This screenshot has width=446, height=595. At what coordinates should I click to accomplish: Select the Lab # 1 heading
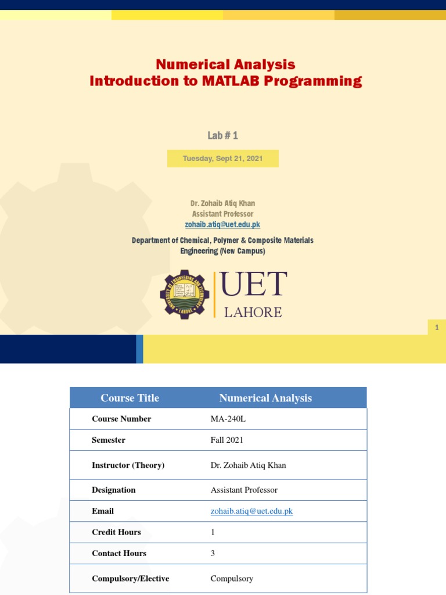223,135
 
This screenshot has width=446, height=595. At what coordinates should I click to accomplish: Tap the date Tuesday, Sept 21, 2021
223,159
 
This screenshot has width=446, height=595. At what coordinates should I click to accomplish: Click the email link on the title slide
223,224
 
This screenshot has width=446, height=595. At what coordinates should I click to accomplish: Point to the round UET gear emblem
185,294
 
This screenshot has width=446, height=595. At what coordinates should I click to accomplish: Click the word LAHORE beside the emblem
253,313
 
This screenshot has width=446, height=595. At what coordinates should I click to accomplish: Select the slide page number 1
437,328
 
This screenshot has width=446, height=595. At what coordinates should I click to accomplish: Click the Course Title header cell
130,398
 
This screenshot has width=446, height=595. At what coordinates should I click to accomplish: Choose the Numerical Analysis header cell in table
265,398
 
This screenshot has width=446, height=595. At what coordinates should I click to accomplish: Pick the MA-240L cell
227,419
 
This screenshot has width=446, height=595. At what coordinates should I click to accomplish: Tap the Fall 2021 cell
226,440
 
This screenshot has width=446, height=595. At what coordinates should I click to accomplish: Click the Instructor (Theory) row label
128,465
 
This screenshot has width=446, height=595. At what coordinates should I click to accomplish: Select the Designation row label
113,490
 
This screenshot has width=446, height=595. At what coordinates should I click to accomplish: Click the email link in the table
251,511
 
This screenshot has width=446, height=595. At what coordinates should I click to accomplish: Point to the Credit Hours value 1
213,532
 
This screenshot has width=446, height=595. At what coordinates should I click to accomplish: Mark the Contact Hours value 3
213,553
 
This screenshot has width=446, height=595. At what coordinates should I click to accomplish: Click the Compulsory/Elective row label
130,579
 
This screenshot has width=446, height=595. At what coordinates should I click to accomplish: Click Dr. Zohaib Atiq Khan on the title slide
223,203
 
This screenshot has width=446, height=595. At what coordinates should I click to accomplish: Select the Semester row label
108,440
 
